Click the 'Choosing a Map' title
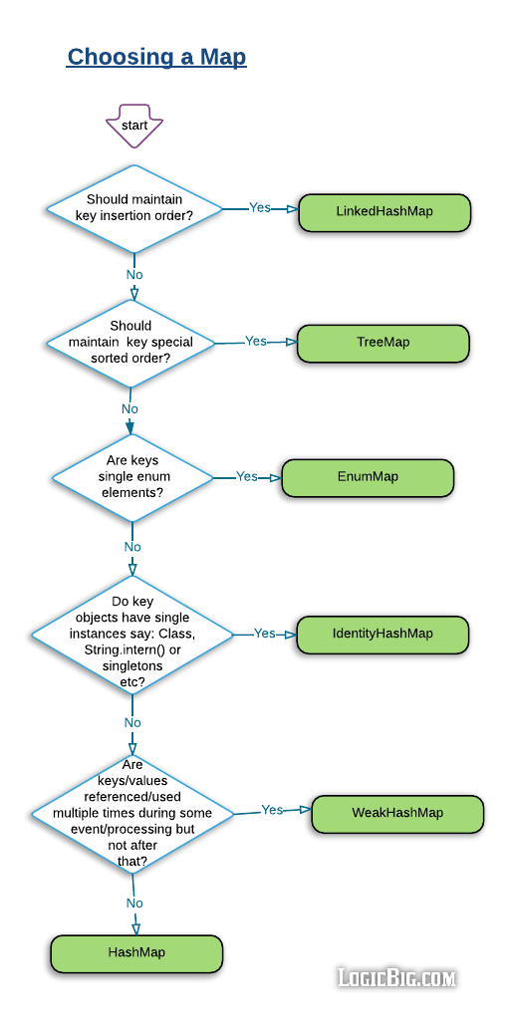pyautogui.click(x=156, y=57)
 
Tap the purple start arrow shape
pyautogui.click(x=134, y=125)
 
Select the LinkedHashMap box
pyautogui.click(x=385, y=212)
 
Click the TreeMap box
pyautogui.click(x=384, y=343)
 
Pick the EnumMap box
pyautogui.click(x=368, y=477)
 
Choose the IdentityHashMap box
pyautogui.click(x=383, y=635)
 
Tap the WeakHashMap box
pyautogui.click(x=397, y=813)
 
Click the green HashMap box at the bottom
pyautogui.click(x=136, y=953)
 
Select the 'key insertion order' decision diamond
pyautogui.click(x=134, y=208)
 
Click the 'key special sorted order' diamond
pyautogui.click(x=131, y=342)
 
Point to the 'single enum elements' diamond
pyautogui.click(x=132, y=477)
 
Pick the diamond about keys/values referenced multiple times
pyautogui.click(x=132, y=813)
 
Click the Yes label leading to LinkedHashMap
pyautogui.click(x=260, y=208)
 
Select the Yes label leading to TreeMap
pyautogui.click(x=256, y=342)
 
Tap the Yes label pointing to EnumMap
pyautogui.click(x=247, y=477)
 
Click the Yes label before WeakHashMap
pyautogui.click(x=272, y=811)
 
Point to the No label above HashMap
pyautogui.click(x=134, y=904)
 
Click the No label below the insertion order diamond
pyautogui.click(x=134, y=275)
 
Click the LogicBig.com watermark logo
pyautogui.click(x=396, y=978)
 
